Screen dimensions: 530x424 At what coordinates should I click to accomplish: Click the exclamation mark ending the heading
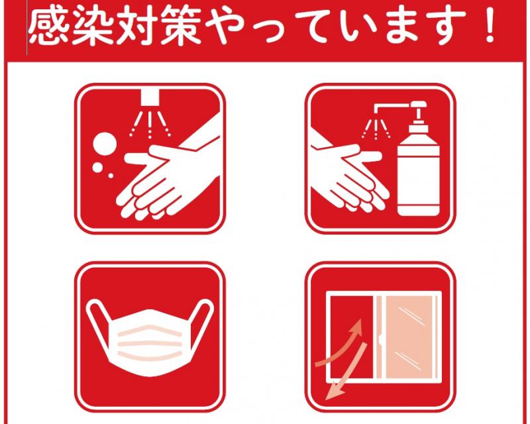[x=489, y=26]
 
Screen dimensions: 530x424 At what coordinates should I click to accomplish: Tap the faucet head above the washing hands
[x=149, y=97]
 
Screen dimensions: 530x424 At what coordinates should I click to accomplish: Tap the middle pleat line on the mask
[x=150, y=344]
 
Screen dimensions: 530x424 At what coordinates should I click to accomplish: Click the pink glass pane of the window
[x=408, y=337]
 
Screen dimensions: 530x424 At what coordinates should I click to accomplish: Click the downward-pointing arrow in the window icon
[x=348, y=372]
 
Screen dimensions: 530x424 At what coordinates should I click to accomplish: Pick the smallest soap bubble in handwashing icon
[x=111, y=176]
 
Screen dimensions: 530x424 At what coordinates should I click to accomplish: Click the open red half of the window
[x=352, y=337]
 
